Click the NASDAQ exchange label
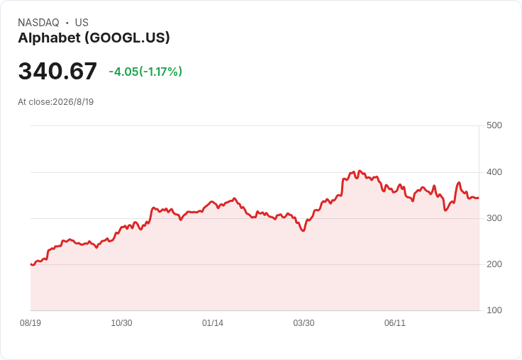click(38, 23)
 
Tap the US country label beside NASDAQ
click(82, 23)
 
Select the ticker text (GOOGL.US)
click(127, 38)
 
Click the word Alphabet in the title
click(49, 38)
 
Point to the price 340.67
click(57, 71)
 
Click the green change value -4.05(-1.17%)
click(145, 72)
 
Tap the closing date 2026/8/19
click(73, 102)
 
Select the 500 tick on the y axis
click(494, 125)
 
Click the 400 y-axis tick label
click(494, 172)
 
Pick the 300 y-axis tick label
click(494, 218)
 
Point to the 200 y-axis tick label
click(494, 264)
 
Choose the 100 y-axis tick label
click(494, 310)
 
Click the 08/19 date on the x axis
click(30, 323)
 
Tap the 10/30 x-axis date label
click(121, 323)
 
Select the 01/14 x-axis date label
click(212, 323)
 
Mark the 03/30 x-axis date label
click(304, 323)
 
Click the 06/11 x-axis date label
click(395, 323)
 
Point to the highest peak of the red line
click(359, 171)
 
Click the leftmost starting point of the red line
click(30, 264)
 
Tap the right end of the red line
click(479, 198)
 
